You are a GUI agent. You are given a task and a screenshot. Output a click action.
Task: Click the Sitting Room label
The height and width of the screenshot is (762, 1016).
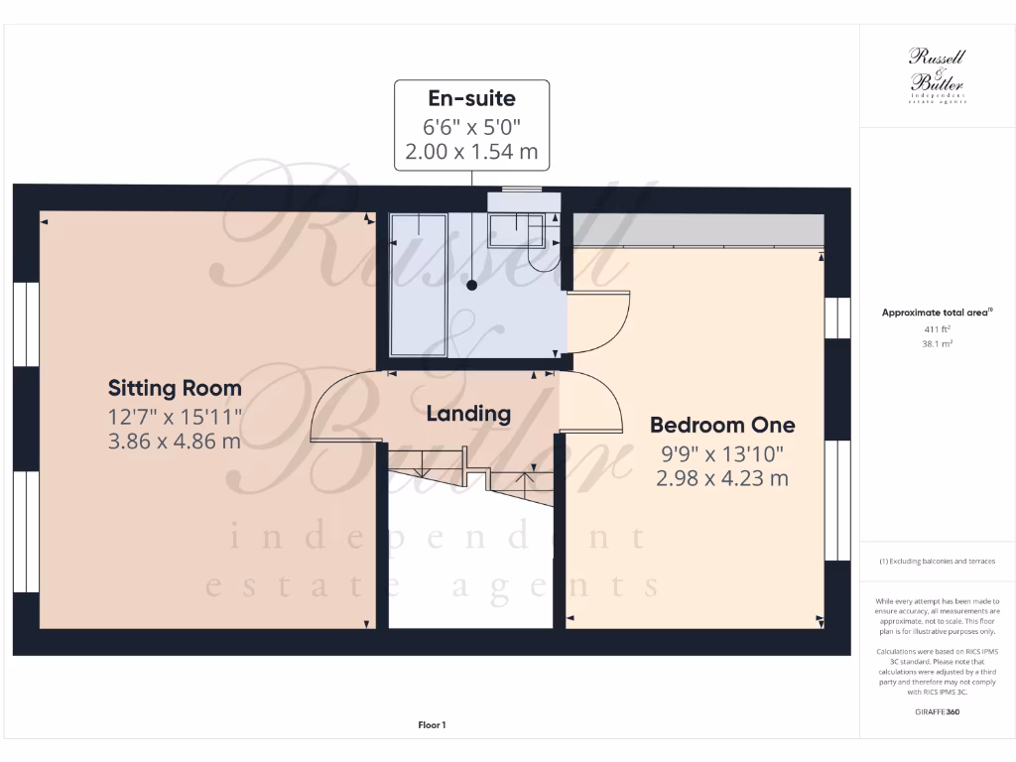175,388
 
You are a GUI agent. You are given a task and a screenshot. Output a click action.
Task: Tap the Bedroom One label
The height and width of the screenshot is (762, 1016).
721,426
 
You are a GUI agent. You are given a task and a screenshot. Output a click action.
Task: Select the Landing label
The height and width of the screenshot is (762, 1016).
468,413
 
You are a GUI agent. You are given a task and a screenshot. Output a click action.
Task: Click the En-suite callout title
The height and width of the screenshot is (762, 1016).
471,98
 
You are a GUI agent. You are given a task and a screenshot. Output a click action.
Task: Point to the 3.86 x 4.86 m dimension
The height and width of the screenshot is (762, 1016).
175,441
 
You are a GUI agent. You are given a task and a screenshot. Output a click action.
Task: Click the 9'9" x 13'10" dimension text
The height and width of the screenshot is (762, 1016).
721,453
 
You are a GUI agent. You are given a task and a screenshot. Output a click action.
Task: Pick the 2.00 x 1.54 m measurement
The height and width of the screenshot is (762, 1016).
471,152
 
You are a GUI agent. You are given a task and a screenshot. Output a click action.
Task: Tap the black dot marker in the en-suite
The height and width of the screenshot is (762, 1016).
471,286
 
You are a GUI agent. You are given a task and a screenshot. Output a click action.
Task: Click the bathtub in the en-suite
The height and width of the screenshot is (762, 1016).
423,285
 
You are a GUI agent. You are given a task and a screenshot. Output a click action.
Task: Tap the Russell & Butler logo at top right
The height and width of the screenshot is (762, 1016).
937,75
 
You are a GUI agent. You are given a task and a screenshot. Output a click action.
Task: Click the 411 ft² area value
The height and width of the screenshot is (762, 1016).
937,328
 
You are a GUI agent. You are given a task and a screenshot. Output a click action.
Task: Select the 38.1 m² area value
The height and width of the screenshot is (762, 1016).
937,344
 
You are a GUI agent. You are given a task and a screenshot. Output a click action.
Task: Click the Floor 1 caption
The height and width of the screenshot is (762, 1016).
432,725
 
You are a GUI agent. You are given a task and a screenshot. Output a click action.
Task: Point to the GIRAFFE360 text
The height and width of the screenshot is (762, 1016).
937,711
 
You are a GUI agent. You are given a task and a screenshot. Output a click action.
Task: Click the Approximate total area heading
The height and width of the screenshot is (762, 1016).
937,313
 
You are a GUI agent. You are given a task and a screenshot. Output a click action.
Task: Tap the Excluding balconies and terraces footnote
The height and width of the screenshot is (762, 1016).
937,562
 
